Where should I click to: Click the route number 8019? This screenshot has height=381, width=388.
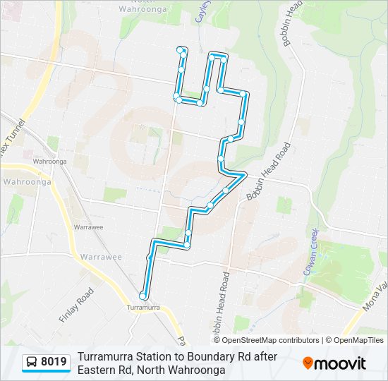pyautogui.click(x=54, y=363)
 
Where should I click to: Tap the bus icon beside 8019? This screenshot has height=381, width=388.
pyautogui.click(x=32, y=363)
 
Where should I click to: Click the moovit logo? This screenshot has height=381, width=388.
pyautogui.click(x=334, y=363)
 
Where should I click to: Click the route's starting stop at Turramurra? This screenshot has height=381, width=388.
pyautogui.click(x=143, y=296)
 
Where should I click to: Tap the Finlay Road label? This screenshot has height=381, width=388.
pyautogui.click(x=76, y=305)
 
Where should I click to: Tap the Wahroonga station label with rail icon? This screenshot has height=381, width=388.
pyautogui.click(x=49, y=161)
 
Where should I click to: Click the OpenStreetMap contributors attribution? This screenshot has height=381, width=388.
pyautogui.click(x=271, y=340)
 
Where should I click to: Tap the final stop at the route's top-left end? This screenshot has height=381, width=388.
pyautogui.click(x=181, y=49)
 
